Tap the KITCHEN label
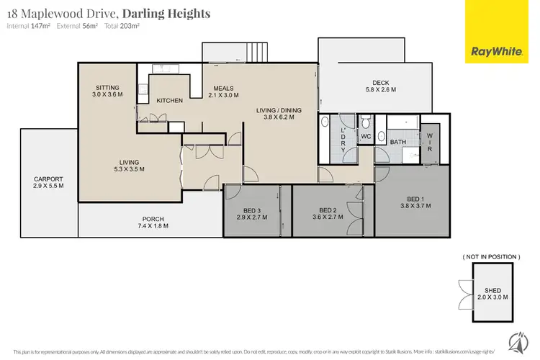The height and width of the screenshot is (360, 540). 170,101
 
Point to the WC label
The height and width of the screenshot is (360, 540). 365,135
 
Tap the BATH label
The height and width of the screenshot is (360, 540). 397,142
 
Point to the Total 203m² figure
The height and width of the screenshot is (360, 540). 122,27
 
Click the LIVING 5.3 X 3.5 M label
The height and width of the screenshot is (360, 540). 130,166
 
